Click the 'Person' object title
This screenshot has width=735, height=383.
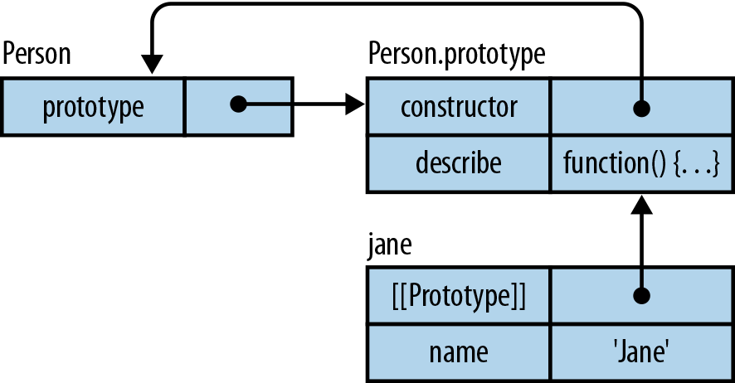[37, 55]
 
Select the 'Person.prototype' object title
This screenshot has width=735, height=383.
[456, 55]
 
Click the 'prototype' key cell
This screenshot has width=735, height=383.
[92, 106]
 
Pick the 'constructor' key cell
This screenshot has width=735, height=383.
[458, 106]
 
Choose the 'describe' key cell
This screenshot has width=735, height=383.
[458, 162]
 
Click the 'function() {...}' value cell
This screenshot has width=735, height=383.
[640, 162]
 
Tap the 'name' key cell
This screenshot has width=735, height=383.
[458, 352]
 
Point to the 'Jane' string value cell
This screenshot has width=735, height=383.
[640, 352]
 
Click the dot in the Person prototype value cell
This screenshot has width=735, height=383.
[237, 105]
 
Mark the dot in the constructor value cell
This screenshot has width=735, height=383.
[640, 108]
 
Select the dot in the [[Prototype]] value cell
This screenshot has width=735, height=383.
[640, 295]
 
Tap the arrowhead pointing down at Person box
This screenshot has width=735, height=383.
[151, 65]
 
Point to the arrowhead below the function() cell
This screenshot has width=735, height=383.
[640, 205]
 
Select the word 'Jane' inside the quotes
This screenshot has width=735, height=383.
[640, 352]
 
